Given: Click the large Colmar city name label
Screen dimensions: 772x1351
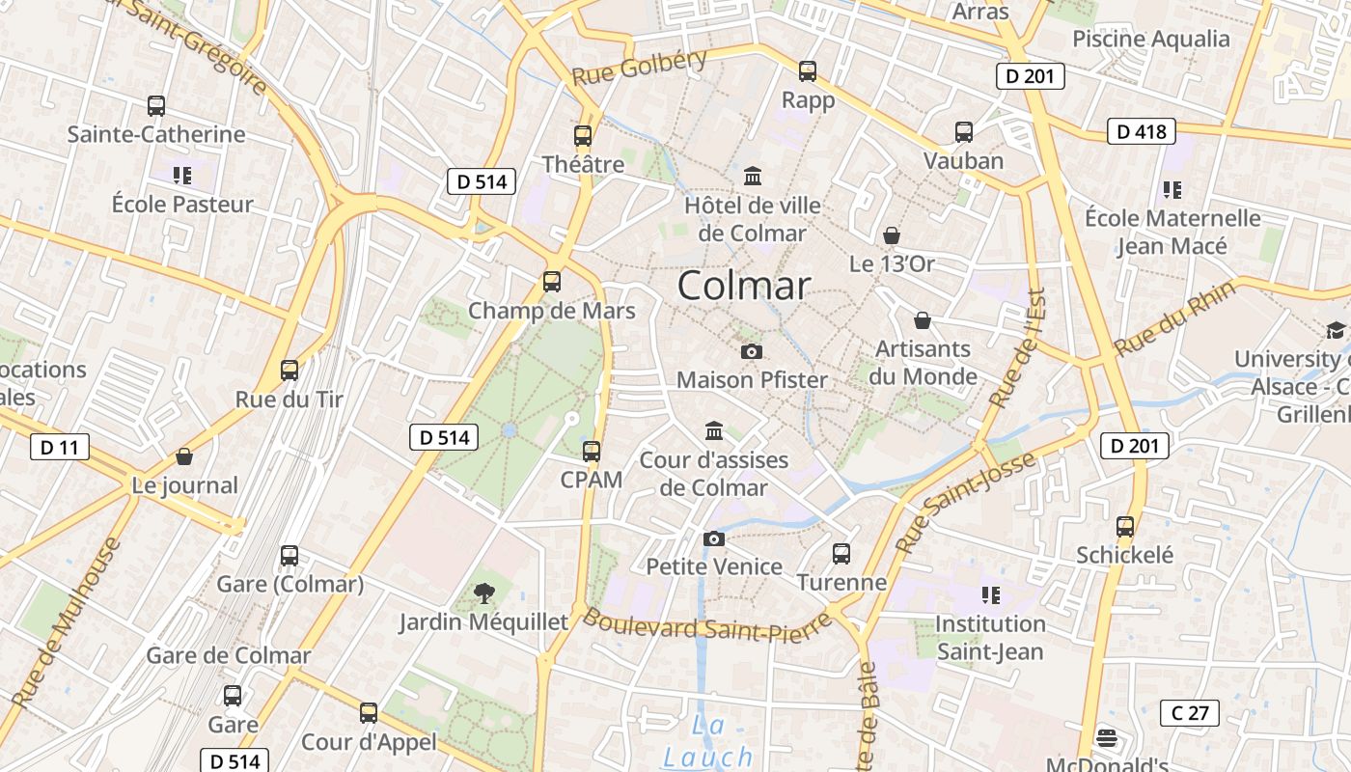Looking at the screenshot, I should click(x=743, y=286).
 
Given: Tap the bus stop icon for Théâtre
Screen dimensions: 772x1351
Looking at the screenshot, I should click(x=583, y=136).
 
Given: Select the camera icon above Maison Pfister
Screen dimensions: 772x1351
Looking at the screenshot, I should click(x=752, y=351).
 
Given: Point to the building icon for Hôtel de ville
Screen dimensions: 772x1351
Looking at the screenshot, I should click(x=753, y=177).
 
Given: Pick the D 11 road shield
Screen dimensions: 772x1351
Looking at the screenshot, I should click(x=59, y=447).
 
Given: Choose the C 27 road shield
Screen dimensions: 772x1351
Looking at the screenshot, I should click(x=1189, y=713).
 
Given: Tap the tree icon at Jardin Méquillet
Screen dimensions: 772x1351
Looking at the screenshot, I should click(x=484, y=593).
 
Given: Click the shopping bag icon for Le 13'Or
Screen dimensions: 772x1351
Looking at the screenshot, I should click(x=892, y=234).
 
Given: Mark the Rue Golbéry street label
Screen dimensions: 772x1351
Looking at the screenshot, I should click(x=640, y=67).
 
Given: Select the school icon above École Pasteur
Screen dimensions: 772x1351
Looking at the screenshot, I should click(x=181, y=175).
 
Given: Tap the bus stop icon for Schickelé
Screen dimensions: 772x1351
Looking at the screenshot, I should click(x=1125, y=527).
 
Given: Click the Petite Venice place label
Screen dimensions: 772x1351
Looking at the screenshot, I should click(x=714, y=566).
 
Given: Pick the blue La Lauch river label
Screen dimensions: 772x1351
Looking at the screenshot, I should click(x=708, y=742).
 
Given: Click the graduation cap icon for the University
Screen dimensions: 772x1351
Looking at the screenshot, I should click(x=1337, y=331).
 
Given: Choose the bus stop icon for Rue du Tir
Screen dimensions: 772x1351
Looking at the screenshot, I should click(x=289, y=370).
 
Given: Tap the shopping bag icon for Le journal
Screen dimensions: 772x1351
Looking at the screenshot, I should click(x=184, y=456).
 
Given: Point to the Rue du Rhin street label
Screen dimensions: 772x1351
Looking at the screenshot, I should click(x=1174, y=318).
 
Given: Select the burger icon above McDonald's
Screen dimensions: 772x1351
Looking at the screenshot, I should click(x=1107, y=739).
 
